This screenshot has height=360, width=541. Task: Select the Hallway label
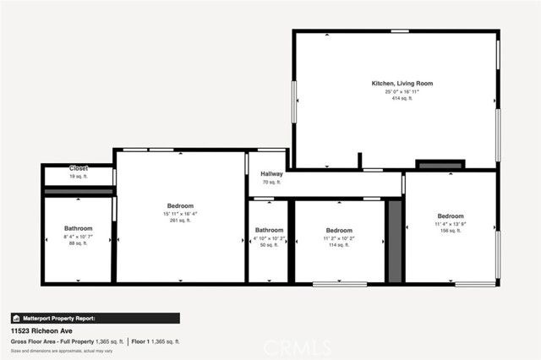271,173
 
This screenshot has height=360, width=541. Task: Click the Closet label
79,168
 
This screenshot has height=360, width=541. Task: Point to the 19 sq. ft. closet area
79,177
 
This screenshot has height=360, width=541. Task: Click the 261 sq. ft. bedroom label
180,221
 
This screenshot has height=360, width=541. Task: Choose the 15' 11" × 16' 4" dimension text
180,214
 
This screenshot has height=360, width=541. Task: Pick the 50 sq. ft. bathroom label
270,245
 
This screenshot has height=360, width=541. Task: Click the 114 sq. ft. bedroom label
339,245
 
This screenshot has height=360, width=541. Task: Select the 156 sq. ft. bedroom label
450,231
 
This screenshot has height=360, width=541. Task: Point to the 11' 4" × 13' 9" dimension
450,223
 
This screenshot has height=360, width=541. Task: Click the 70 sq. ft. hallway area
271,182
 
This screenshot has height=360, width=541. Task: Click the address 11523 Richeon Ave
41,330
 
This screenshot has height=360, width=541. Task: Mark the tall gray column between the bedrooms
394,242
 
